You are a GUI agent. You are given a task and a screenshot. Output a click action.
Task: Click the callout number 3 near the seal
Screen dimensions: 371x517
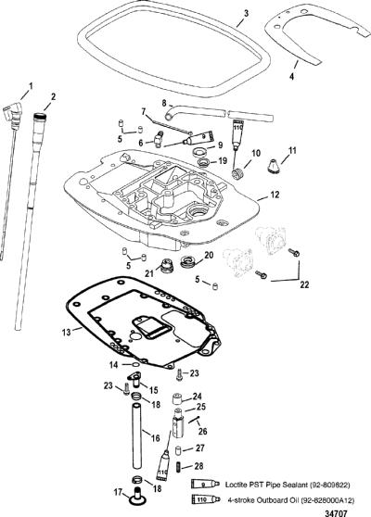tap(246, 14)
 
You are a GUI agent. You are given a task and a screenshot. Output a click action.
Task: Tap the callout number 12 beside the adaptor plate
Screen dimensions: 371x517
tap(275, 195)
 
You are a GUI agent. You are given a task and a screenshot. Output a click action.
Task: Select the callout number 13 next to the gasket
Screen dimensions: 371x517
tap(66, 332)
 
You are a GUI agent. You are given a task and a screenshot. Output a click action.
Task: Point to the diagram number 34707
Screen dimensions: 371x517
tap(336, 513)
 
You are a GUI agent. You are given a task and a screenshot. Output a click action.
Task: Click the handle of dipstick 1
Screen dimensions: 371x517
tap(13, 114)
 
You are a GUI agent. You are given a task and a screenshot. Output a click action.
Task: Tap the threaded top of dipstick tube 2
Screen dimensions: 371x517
tap(41, 116)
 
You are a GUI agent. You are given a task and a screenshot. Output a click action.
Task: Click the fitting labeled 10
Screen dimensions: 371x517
tap(239, 173)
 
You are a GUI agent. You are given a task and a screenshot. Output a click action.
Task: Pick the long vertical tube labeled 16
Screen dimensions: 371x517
tap(137, 435)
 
